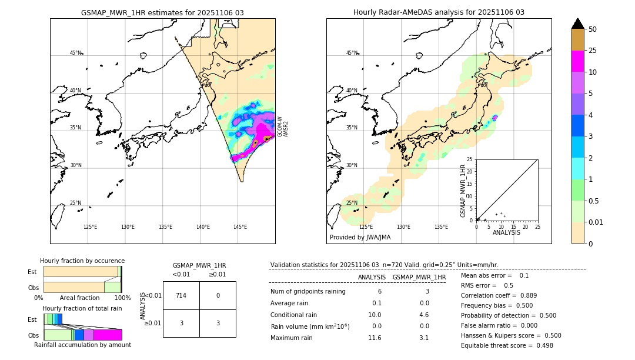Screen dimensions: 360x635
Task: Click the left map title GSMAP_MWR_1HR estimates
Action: [x=162, y=12]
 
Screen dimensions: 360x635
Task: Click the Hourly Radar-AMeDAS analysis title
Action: [x=439, y=12]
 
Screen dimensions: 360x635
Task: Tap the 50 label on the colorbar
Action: [x=593, y=29]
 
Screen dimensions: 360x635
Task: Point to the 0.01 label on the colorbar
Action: [x=596, y=222]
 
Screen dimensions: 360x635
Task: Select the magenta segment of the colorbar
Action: [x=577, y=61]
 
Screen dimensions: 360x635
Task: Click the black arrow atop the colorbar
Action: [x=577, y=24]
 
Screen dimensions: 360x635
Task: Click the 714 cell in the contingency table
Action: [x=181, y=295]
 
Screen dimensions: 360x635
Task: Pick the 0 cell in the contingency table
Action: [x=218, y=295]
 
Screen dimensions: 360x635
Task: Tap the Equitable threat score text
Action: [x=507, y=345]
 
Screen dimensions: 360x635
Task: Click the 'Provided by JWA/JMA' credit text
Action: [x=360, y=238]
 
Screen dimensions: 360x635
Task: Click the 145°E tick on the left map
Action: [x=240, y=227]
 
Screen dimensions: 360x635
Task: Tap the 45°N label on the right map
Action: [x=351, y=53]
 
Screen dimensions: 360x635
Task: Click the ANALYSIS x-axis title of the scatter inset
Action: [x=506, y=232]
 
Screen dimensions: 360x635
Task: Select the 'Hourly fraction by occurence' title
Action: [x=82, y=261]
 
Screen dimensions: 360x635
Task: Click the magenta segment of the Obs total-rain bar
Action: [x=108, y=335]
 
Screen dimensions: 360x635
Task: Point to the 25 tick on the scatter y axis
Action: [x=470, y=159]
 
